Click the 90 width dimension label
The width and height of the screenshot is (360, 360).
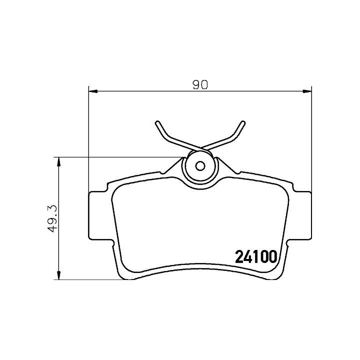pos(200,84)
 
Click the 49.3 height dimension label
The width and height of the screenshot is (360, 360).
pos(52,218)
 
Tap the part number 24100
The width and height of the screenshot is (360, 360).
pos(256,256)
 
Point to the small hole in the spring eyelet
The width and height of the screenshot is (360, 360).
pos(200,166)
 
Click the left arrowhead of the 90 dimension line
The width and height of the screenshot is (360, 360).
pos(93,91)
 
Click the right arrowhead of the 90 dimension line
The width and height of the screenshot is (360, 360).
pos(307,91)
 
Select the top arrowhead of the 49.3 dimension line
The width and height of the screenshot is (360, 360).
pos(59,162)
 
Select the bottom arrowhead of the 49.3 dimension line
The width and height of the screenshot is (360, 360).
pos(59,275)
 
